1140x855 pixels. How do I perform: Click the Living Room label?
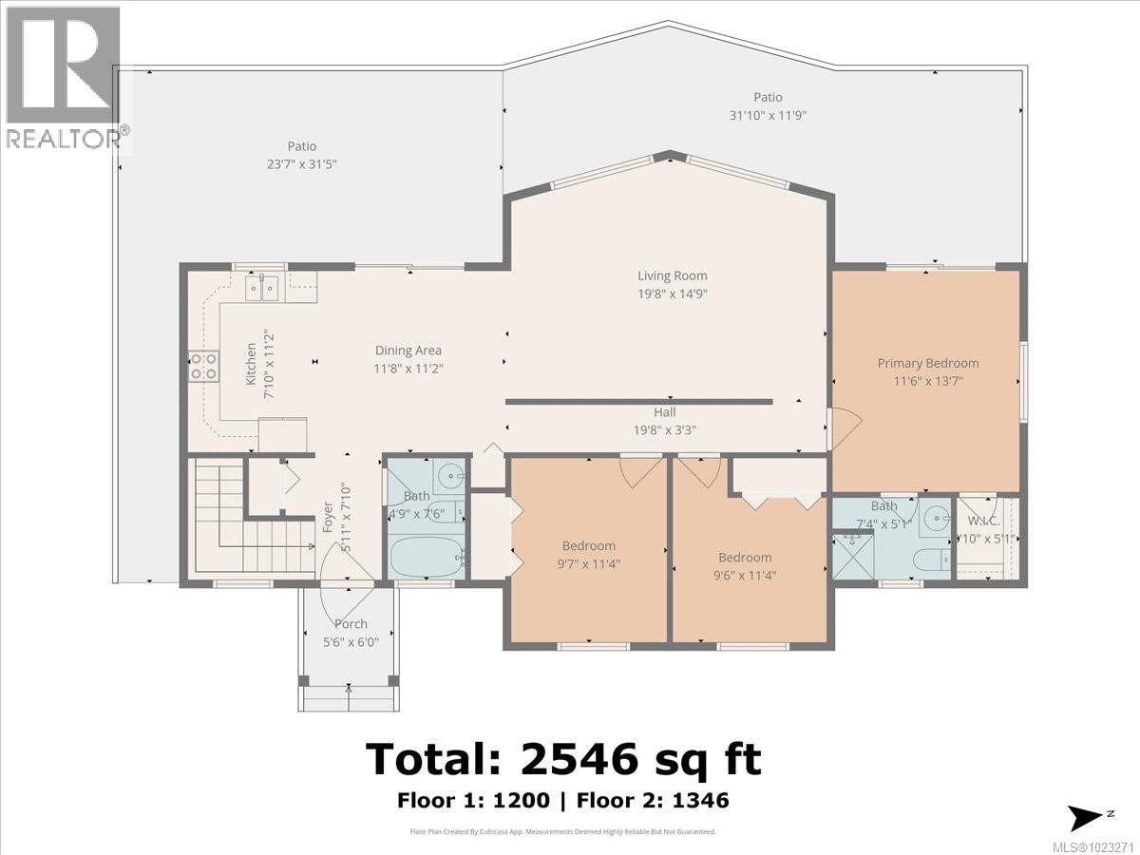point(672,275)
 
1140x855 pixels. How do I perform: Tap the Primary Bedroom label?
point(927,363)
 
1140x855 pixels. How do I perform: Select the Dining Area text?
point(408,351)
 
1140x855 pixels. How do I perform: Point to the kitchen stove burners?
point(203,366)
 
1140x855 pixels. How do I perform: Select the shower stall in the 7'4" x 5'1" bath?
point(851,556)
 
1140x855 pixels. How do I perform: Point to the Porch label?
point(350,624)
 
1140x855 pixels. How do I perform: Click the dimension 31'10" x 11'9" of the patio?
point(768,116)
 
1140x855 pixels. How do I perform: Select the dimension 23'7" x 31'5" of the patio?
point(301,163)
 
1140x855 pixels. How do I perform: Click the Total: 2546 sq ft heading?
point(563,760)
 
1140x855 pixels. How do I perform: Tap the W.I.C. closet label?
point(982,521)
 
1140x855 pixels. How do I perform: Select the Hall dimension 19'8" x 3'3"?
point(664,429)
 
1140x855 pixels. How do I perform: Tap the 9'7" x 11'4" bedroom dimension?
point(588,563)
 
